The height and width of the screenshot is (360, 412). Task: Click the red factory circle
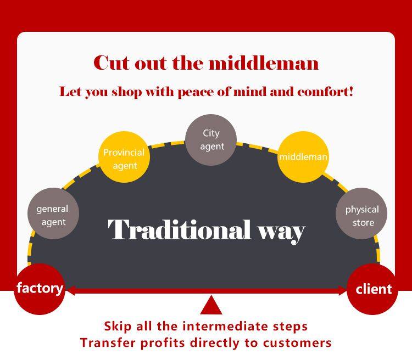(x=40, y=289)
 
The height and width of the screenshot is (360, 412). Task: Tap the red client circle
(x=372, y=289)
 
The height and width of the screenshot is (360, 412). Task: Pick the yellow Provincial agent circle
(x=124, y=158)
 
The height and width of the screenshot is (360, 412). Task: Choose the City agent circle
(x=211, y=139)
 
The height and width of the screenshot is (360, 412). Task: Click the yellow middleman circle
(x=303, y=157)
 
